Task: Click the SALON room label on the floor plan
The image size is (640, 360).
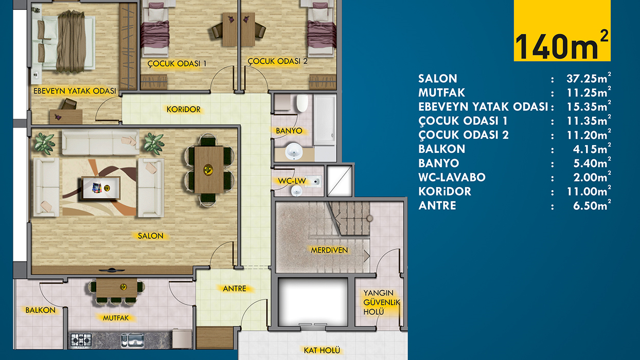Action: click(151, 236)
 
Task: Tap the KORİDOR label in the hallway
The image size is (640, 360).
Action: click(184, 110)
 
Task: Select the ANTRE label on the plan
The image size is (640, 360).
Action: click(234, 289)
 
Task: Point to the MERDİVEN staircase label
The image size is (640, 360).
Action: click(329, 250)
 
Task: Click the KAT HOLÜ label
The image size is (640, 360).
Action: click(322, 350)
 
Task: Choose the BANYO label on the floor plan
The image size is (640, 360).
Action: click(289, 131)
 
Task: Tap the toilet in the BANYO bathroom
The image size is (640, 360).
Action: click(302, 103)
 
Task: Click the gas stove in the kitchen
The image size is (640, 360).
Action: click(81, 340)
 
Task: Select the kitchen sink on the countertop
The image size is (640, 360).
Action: click(133, 340)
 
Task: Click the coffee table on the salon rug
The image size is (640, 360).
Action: click(101, 188)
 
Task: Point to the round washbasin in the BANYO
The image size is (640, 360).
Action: click(294, 151)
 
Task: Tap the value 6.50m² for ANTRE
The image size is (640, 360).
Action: click(592, 206)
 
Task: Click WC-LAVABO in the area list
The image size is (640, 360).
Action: click(452, 177)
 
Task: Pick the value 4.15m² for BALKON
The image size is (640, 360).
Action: click(592, 149)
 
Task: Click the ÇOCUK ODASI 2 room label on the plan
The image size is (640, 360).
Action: click(277, 61)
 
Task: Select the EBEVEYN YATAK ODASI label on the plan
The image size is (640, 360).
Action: click(75, 91)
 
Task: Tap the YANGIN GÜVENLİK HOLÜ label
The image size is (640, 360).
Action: click(381, 302)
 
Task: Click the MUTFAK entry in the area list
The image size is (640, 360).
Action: click(442, 93)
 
